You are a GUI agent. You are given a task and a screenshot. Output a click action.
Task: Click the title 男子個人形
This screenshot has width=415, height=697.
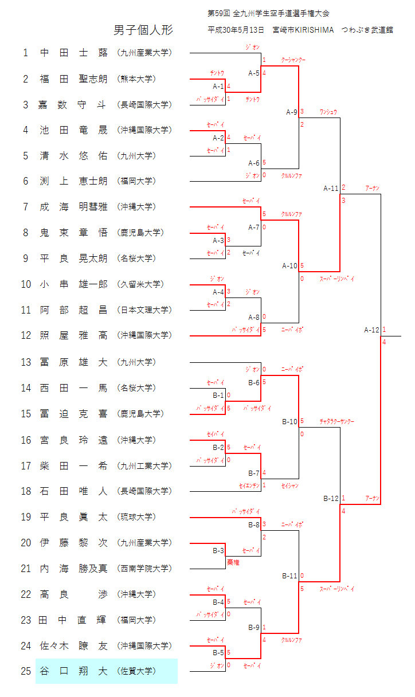click(143, 30)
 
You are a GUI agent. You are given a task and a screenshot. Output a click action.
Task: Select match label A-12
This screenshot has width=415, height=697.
click(371, 330)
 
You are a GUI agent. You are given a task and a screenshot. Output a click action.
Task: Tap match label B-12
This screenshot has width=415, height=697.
click(331, 498)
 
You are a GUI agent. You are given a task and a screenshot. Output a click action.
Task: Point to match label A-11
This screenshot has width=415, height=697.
click(331, 187)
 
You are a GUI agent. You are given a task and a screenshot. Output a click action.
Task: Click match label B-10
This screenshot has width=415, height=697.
click(290, 421)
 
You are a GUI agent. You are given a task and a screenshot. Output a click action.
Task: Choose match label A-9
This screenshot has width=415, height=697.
click(292, 112)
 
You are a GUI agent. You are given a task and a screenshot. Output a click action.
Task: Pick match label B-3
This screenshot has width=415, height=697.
click(218, 551)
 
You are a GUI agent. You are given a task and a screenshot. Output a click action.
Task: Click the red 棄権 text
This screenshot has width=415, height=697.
click(233, 563)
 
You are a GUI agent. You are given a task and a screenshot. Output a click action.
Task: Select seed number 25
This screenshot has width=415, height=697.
click(26, 671)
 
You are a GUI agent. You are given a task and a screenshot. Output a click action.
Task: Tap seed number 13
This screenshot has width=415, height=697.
click(26, 362)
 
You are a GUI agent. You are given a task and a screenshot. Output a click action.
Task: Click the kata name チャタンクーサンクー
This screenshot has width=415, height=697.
click(337, 422)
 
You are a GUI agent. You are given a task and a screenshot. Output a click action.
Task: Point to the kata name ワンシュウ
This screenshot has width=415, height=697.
click(328, 112)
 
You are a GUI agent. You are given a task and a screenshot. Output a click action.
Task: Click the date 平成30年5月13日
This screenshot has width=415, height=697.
click(236, 30)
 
